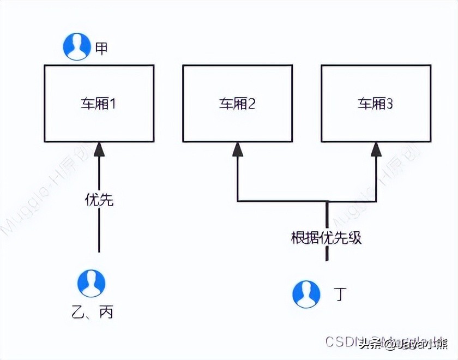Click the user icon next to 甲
click(x=77, y=46)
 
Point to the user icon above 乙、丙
click(x=91, y=283)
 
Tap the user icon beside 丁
click(x=306, y=295)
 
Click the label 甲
click(x=101, y=48)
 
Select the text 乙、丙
click(x=92, y=313)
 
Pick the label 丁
click(x=339, y=295)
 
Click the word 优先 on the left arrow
click(x=99, y=200)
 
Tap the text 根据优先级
click(x=327, y=238)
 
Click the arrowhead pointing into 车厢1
click(x=99, y=148)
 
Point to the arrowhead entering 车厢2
click(x=237, y=149)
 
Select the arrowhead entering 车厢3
click(x=376, y=149)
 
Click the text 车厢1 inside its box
click(x=99, y=104)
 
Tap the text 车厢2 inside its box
click(x=237, y=104)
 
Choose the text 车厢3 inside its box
click(x=376, y=104)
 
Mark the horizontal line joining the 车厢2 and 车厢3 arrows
click(x=284, y=201)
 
